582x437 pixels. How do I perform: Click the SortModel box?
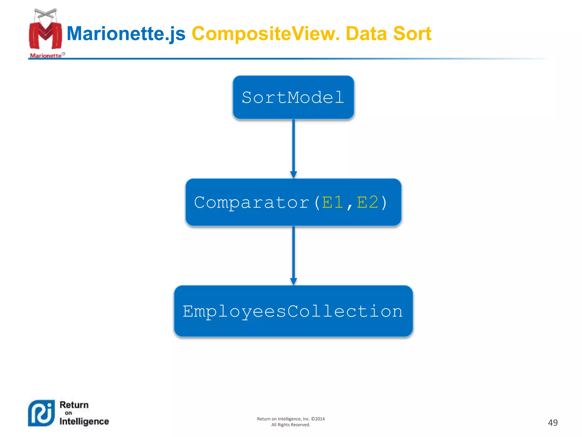tap(293, 97)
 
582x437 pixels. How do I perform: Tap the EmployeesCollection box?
tap(293, 311)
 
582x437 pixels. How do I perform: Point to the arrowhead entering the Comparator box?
tap(294, 174)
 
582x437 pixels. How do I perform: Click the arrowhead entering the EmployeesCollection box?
tap(294, 281)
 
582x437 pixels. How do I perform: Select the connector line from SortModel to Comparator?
tap(294, 145)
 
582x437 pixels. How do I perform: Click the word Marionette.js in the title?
tap(126, 34)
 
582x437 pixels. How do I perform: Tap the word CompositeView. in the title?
tap(266, 34)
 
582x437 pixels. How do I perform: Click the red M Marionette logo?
tap(45, 33)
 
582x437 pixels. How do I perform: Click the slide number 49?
tap(552, 422)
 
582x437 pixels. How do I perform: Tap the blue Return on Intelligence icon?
tap(41, 413)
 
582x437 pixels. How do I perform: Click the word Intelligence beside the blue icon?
tap(84, 421)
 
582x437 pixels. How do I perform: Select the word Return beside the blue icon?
tap(74, 405)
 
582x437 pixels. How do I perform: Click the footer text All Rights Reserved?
tap(290, 425)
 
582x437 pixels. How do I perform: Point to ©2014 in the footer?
tap(318, 419)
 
